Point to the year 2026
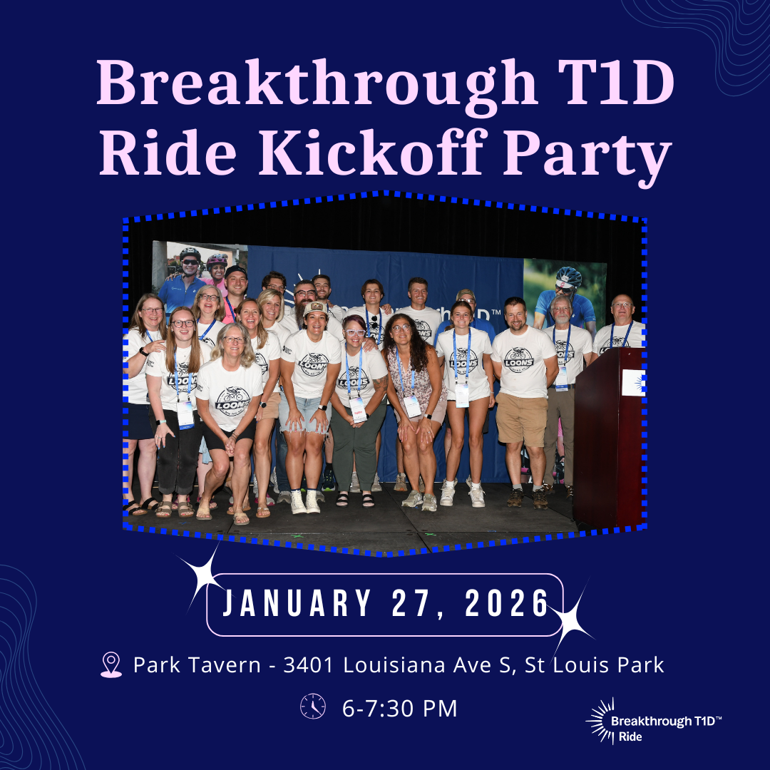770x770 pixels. [507, 605]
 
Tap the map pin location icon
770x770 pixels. [111, 665]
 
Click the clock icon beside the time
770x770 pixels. [312, 706]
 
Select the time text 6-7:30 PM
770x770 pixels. [399, 709]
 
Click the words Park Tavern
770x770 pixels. [197, 665]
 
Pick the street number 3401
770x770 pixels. [311, 665]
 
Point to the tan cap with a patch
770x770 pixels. [315, 309]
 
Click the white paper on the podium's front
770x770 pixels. [632, 383]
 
